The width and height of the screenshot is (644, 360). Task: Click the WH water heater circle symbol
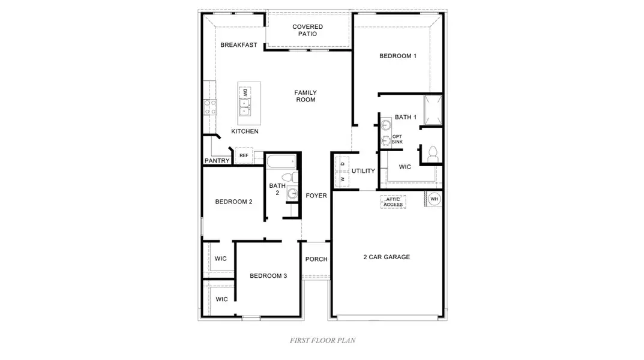[434, 199]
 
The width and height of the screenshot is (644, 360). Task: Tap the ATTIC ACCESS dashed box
[393, 202]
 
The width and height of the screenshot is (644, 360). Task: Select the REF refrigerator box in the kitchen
[244, 155]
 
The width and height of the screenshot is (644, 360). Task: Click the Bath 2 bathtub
[280, 161]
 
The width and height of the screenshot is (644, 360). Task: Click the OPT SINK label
[397, 139]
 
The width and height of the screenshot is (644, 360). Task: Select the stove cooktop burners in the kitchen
[211, 107]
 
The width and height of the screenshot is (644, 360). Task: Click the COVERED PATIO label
[307, 30]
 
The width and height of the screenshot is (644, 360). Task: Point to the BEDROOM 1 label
[397, 56]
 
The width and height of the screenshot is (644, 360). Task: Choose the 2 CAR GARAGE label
[387, 257]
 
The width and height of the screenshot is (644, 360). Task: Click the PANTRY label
[217, 161]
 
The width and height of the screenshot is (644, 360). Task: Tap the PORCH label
[316, 259]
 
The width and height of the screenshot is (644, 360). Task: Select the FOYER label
[316, 196]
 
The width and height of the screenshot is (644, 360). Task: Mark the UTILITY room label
[363, 171]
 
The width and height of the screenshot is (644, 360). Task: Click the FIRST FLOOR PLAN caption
[322, 340]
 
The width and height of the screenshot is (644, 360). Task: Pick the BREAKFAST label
[238, 45]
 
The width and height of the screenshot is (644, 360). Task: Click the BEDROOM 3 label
[268, 276]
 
